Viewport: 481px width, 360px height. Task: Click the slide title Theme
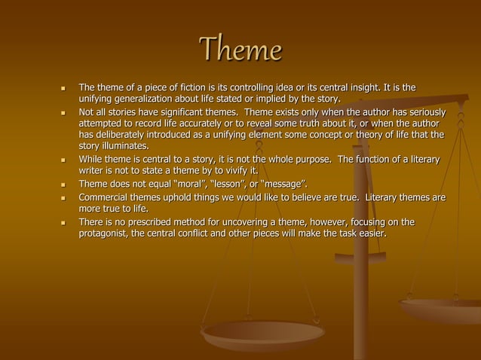[x=240, y=50]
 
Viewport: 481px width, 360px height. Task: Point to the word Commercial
[x=106, y=197]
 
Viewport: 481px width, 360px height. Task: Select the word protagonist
[x=106, y=233]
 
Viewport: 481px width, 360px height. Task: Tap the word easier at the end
[x=371, y=233]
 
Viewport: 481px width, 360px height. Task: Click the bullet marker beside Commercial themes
[x=63, y=198]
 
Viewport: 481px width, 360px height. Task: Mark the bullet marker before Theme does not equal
[x=63, y=185]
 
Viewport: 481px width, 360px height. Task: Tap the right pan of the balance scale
[x=440, y=309]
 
